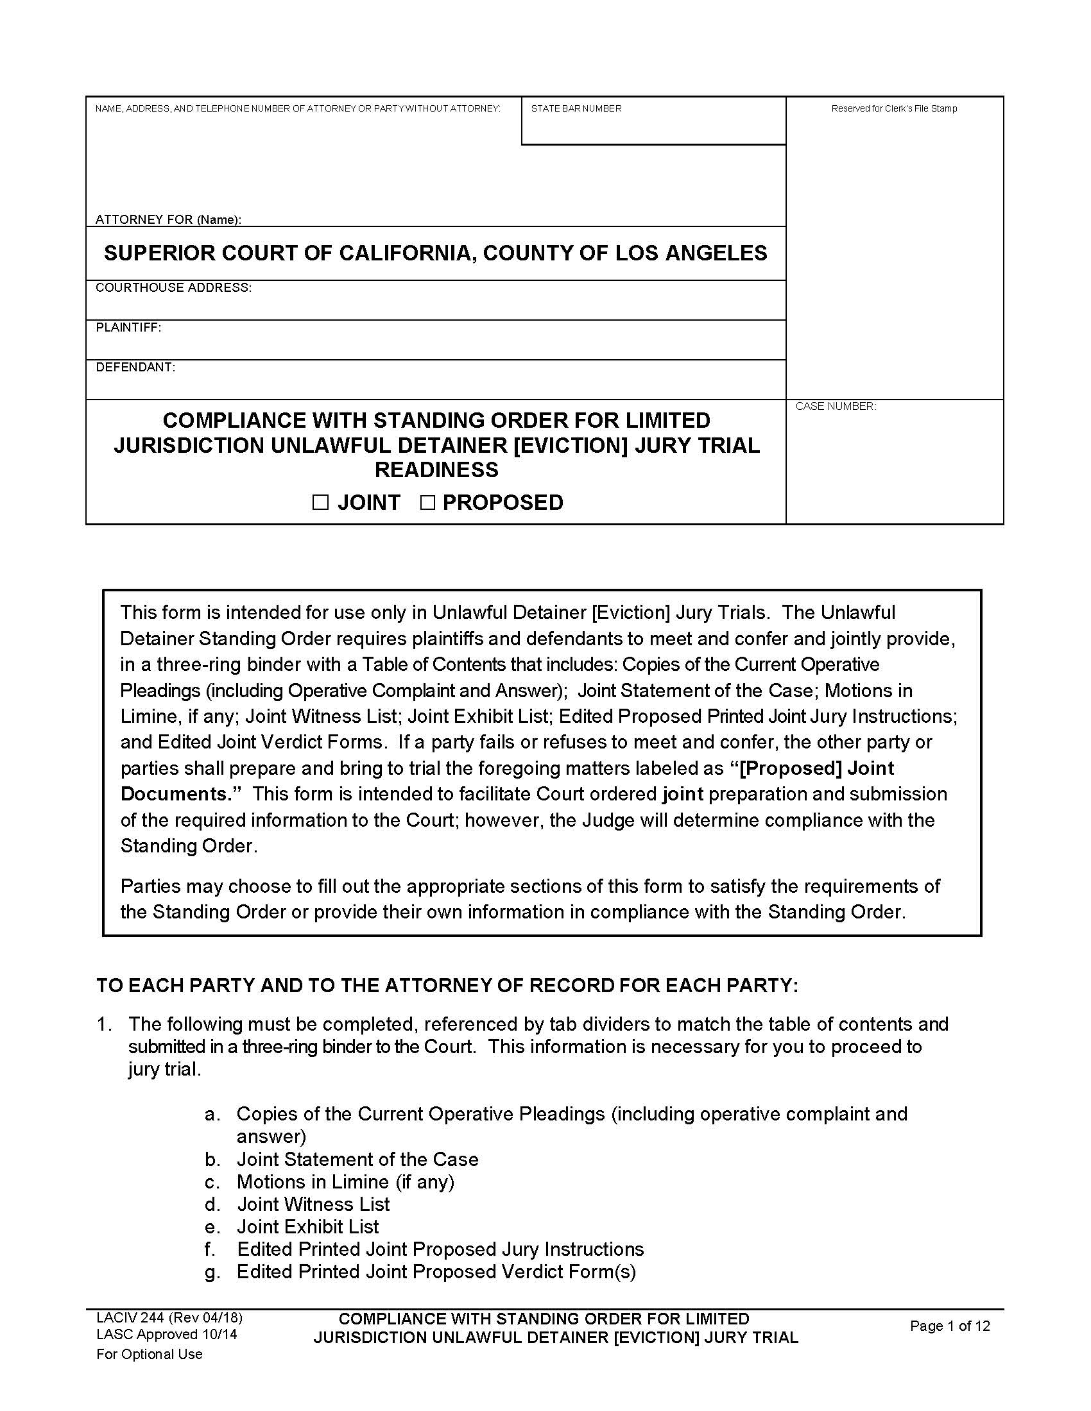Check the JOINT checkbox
[321, 503]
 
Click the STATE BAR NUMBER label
[576, 108]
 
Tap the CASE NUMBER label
[835, 407]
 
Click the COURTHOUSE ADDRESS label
[173, 287]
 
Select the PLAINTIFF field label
[128, 328]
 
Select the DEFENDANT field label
[135, 368]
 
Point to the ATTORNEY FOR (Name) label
[168, 219]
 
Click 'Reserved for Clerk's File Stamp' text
[894, 108]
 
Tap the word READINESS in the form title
[436, 469]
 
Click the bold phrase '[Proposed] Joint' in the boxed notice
[817, 768]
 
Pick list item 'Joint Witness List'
[313, 1204]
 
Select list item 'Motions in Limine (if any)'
[345, 1181]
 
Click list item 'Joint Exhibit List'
[307, 1227]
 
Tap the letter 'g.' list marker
[212, 1272]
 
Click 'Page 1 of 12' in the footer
[949, 1326]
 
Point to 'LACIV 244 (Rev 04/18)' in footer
[169, 1318]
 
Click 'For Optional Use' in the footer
[150, 1354]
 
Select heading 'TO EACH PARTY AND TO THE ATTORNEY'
[447, 985]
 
